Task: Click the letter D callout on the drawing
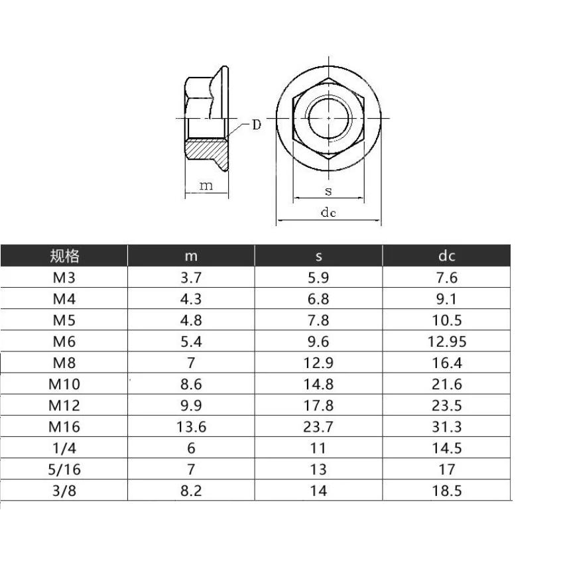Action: coord(255,125)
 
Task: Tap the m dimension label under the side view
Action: coord(206,186)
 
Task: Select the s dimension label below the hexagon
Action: coord(328,191)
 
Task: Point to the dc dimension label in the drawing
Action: coord(328,212)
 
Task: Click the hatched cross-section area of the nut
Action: coord(206,149)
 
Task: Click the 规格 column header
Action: coord(64,256)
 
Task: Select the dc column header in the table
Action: coord(447,256)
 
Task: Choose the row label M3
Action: coord(64,278)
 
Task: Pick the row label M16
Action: coord(64,426)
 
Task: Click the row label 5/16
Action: coord(64,469)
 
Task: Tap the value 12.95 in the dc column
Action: coord(448,342)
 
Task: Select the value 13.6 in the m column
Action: coord(192,426)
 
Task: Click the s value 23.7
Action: coord(318,426)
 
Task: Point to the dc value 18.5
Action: coord(448,491)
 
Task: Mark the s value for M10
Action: coord(318,384)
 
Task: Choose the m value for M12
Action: coord(192,405)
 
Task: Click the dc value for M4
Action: coord(448,299)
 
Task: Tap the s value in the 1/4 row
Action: coord(318,448)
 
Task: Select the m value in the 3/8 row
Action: coord(192,491)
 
